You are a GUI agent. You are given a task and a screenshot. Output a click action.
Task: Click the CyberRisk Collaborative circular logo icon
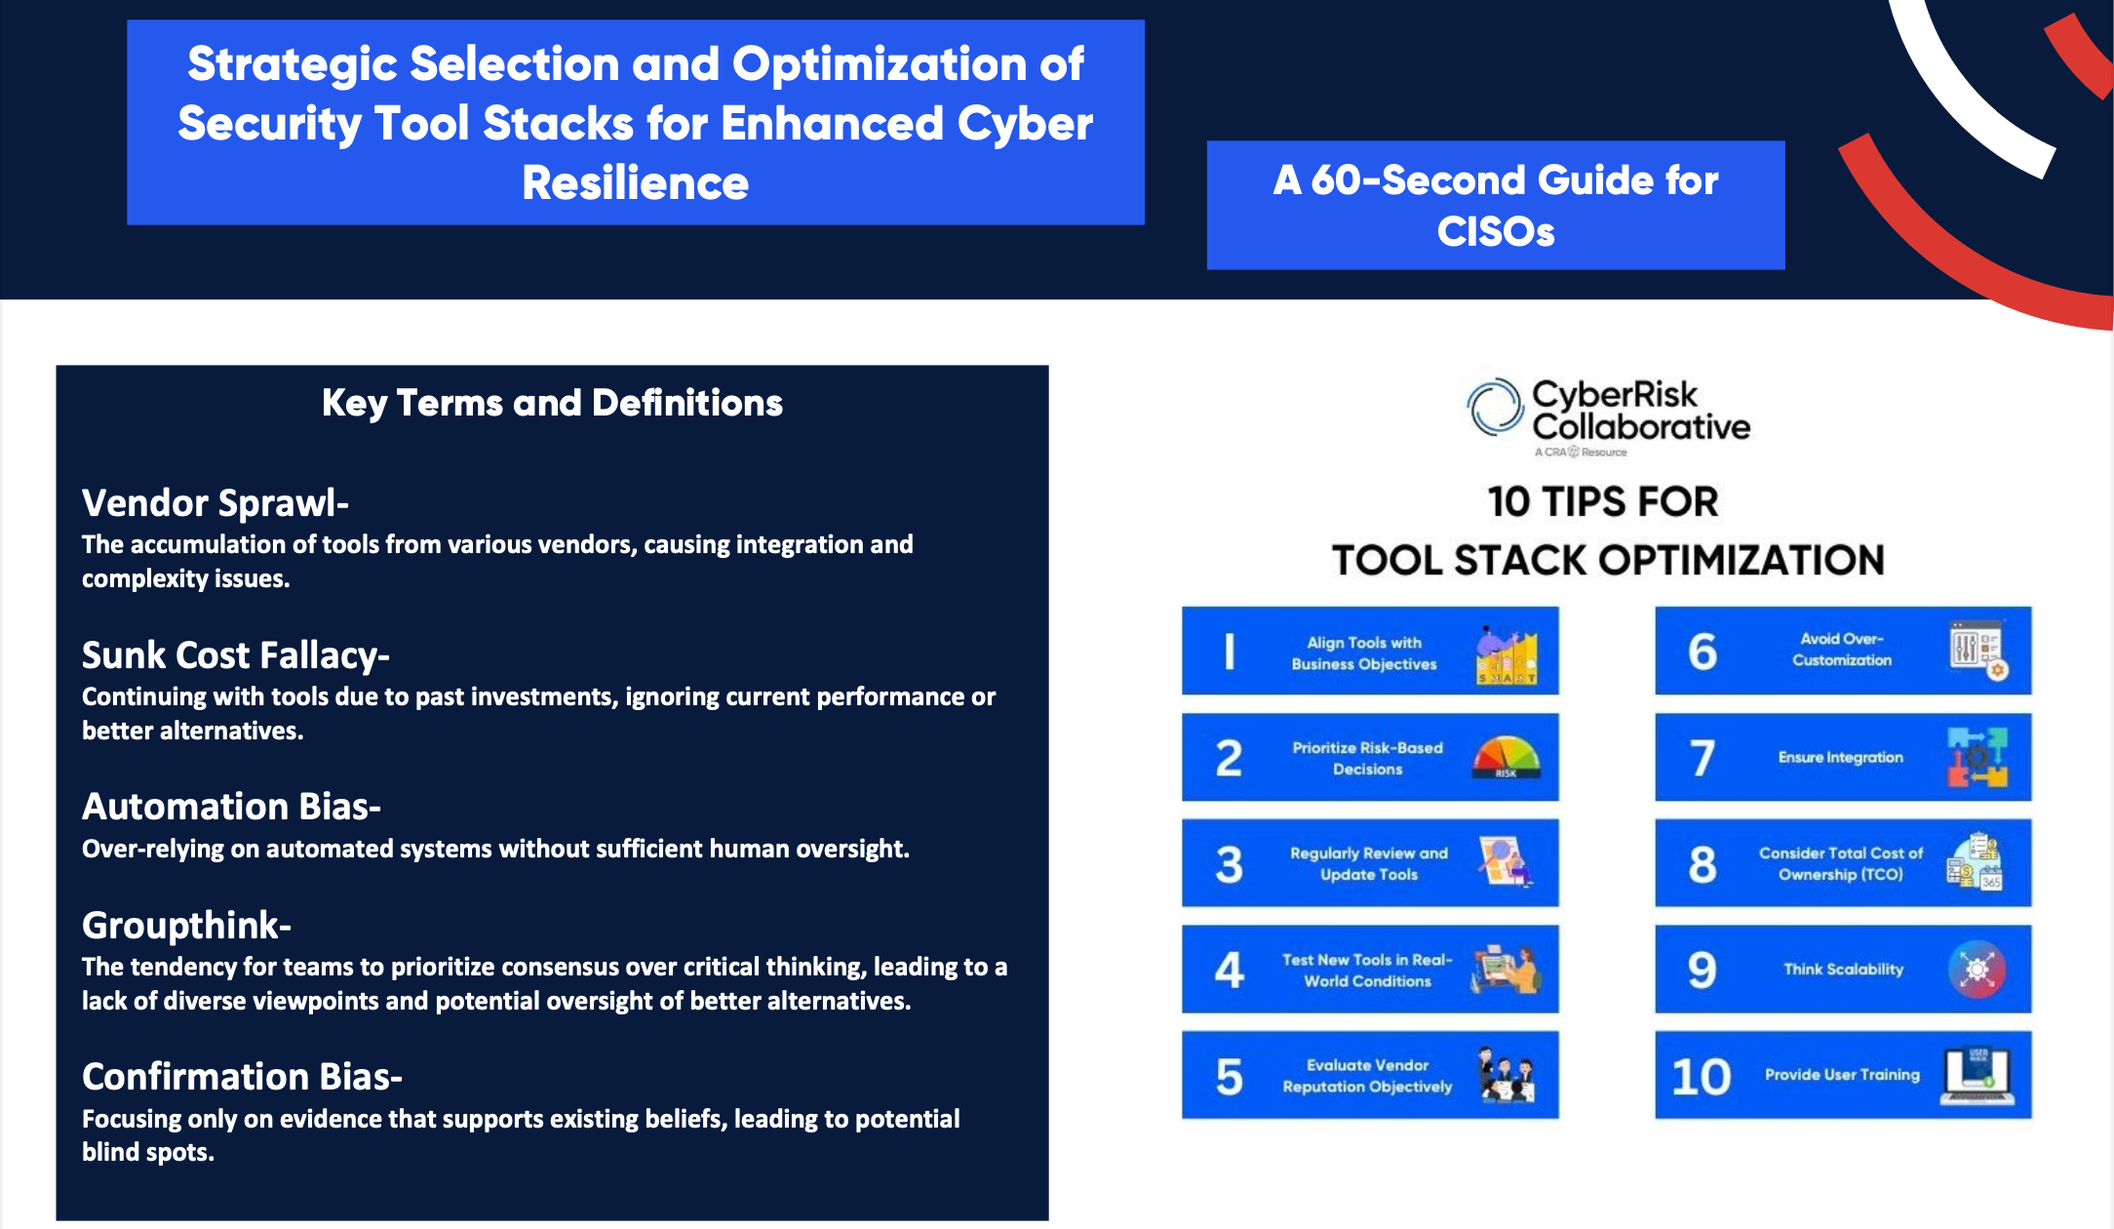pyautogui.click(x=1495, y=407)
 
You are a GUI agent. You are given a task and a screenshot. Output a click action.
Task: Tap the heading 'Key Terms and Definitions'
pyautogui.click(x=552, y=403)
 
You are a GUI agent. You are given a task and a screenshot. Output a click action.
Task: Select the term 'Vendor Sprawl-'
pyautogui.click(x=215, y=503)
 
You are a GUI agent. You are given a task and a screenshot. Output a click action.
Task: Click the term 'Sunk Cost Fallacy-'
pyautogui.click(x=236, y=655)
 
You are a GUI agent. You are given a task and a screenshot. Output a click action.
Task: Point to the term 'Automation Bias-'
pyautogui.click(x=231, y=807)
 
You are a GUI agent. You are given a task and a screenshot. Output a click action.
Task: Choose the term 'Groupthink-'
pyautogui.click(x=186, y=925)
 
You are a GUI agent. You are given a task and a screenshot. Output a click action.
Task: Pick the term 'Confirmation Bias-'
pyautogui.click(x=242, y=1077)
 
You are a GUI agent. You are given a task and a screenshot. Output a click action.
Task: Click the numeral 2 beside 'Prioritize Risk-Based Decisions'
pyautogui.click(x=1229, y=758)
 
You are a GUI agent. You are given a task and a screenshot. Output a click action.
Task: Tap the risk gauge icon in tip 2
pyautogui.click(x=1506, y=757)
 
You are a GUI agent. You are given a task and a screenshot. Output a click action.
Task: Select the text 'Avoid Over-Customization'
pyautogui.click(x=1841, y=650)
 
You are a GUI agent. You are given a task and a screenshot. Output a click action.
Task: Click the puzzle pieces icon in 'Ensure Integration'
pyautogui.click(x=1977, y=757)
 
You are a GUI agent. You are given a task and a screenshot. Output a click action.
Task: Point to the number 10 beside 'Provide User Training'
pyautogui.click(x=1701, y=1076)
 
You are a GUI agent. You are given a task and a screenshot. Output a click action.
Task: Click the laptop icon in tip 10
pyautogui.click(x=1977, y=1075)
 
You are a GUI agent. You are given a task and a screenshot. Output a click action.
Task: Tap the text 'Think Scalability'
pyautogui.click(x=1843, y=970)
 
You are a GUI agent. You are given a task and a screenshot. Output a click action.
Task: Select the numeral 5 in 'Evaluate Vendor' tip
pyautogui.click(x=1229, y=1076)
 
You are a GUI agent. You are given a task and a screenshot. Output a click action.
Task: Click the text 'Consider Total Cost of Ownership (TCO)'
pyautogui.click(x=1841, y=863)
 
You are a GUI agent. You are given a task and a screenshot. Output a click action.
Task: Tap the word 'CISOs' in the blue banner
pyautogui.click(x=1495, y=232)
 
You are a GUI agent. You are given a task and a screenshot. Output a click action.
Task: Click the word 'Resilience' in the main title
pyautogui.click(x=635, y=183)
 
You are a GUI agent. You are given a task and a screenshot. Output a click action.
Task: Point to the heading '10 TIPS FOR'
pyautogui.click(x=1602, y=501)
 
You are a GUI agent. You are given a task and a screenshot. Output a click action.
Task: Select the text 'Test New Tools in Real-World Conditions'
pyautogui.click(x=1367, y=971)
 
